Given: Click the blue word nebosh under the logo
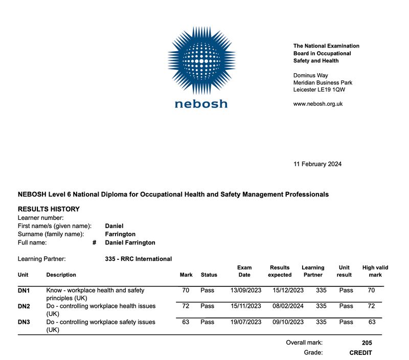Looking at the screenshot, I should tap(201, 104).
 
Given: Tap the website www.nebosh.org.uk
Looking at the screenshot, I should tap(317, 104).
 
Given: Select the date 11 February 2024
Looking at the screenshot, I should tap(317, 164).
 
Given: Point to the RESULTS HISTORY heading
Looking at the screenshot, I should tap(49, 209).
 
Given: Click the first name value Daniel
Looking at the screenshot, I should tap(114, 226).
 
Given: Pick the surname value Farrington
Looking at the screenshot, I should tap(120, 234).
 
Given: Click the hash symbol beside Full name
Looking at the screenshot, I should tap(95, 243).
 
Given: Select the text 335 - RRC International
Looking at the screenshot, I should tap(138, 259).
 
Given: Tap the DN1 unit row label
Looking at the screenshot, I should tap(24, 290).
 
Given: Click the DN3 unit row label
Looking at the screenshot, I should tap(24, 322).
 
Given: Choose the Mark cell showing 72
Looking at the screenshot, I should tap(186, 306).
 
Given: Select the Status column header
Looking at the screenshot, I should tap(209, 275).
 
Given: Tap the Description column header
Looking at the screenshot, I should tap(61, 275).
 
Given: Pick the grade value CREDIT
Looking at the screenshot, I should tap(360, 353).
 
